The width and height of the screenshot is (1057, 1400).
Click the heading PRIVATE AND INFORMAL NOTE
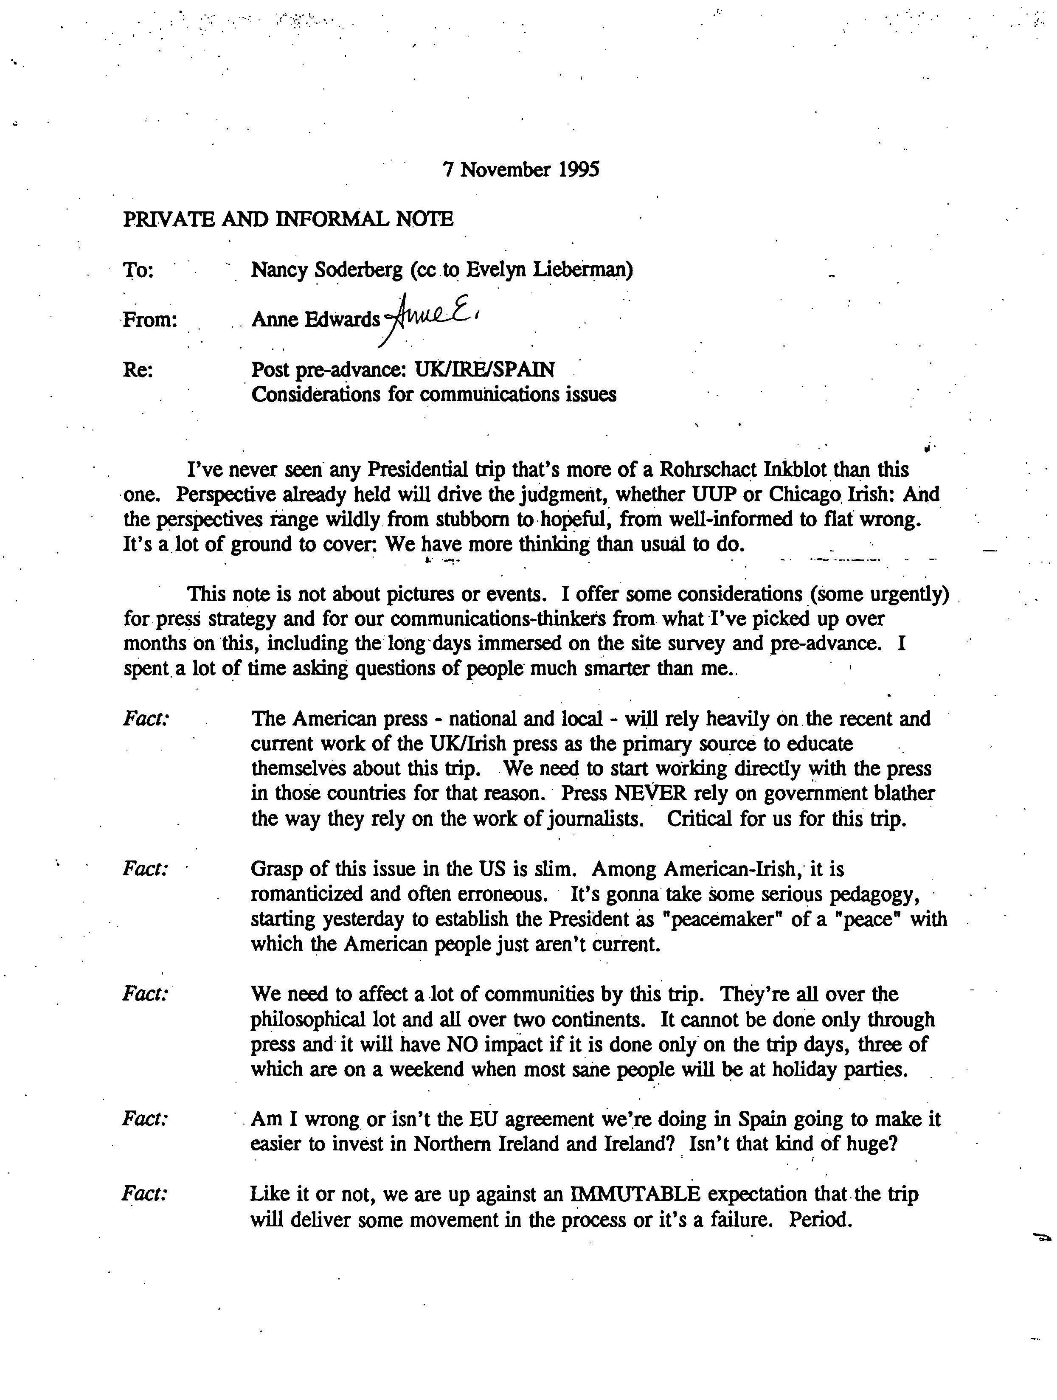(288, 219)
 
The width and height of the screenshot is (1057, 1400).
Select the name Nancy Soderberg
(326, 270)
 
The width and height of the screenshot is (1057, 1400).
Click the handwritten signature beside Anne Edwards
(430, 316)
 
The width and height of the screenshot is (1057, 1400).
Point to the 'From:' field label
(149, 320)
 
